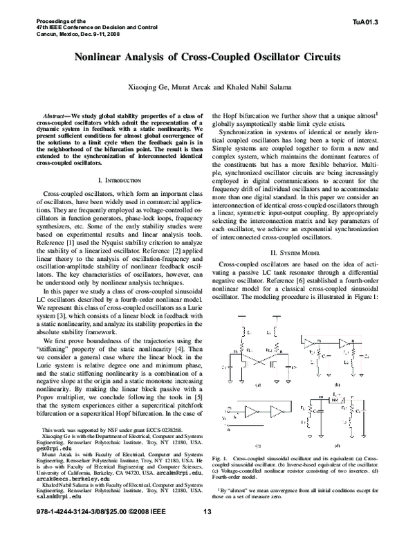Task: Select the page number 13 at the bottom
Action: pos(207,531)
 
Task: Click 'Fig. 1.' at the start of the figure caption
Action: pos(221,478)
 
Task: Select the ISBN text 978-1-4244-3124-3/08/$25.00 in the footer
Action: pos(68,531)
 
